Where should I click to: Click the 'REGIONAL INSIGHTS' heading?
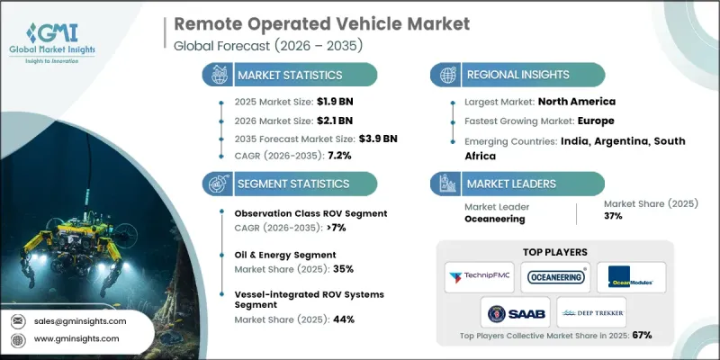[x=519, y=75]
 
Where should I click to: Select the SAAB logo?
[x=512, y=312]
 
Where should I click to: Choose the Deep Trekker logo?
[x=593, y=312]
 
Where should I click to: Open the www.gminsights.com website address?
[x=76, y=338]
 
